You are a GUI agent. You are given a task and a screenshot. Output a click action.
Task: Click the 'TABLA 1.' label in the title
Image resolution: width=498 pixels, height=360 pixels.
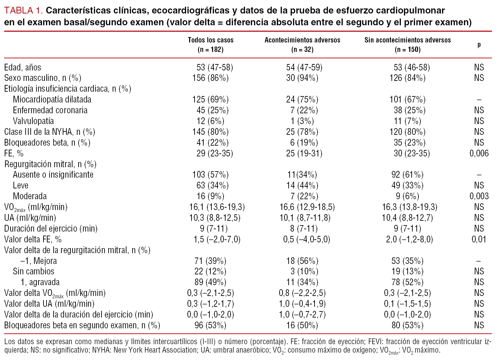coord(23,10)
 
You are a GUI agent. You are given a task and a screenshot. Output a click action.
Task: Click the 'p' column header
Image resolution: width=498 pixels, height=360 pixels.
coord(479,44)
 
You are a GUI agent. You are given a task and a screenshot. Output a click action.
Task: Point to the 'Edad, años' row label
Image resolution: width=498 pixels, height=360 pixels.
coord(23,67)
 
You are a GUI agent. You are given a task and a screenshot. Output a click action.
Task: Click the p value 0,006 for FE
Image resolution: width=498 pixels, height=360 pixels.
coord(479,153)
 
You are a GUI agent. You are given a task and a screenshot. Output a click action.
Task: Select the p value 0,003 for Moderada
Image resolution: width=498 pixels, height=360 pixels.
coord(479,196)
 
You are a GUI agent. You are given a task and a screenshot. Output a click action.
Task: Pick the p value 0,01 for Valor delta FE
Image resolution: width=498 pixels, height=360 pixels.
coord(479,239)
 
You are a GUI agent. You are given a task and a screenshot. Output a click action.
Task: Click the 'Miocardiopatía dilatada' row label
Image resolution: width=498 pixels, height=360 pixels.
coord(52,99)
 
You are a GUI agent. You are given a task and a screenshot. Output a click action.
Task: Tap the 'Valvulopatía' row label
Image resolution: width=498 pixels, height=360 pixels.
coord(33,121)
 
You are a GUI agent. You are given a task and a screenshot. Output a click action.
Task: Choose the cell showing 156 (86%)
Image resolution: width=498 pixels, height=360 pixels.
coord(210,78)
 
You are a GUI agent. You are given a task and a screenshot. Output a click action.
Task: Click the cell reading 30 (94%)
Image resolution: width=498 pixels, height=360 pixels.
coord(302,78)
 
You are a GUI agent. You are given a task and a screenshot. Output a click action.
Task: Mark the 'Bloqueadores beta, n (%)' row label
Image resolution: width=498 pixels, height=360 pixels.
coord(47,143)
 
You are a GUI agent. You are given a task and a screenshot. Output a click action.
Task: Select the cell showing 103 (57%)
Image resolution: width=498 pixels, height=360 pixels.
coord(210,175)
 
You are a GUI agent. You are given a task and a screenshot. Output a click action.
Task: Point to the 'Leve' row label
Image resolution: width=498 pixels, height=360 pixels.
coord(21,185)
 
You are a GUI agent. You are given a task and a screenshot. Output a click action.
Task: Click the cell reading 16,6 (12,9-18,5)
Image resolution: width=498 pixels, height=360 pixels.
coord(307,207)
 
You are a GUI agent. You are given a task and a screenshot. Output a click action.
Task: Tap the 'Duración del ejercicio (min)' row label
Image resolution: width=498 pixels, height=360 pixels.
coord(51,229)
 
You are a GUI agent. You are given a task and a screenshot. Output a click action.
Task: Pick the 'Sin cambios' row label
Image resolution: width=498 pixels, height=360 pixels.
coord(33,271)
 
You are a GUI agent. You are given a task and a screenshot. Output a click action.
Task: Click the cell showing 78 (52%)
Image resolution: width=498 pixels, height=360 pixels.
coord(407,282)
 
